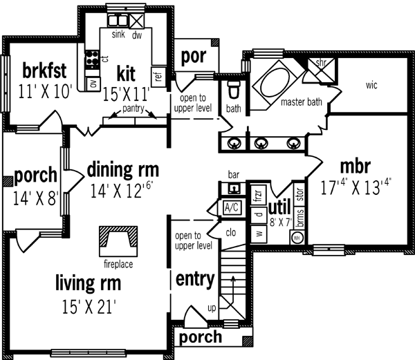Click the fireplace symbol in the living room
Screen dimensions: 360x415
click(116, 239)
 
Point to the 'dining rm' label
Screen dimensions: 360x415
click(123, 169)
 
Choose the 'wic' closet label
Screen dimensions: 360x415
click(372, 86)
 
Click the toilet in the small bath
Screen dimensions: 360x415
click(233, 90)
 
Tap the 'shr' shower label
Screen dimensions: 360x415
click(320, 64)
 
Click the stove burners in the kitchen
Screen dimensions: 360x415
click(89, 59)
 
